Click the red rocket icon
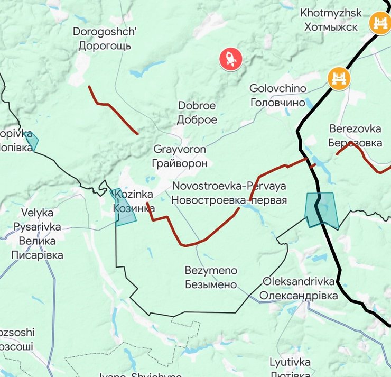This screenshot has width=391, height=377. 231,59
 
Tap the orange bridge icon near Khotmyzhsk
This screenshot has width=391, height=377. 379,23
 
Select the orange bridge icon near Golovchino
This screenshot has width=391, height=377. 339,79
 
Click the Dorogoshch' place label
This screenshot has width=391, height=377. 105,39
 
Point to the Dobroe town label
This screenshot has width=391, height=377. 197,113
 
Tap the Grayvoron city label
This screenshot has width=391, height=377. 180,156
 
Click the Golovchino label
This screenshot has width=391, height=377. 277,95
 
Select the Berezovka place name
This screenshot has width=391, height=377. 355,136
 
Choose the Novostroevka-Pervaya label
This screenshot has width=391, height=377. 229,193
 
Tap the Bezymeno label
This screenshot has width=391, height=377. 211,278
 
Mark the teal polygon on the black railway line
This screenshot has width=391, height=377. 321,210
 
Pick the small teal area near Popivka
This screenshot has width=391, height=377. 31,141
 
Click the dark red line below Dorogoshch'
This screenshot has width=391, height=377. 113,109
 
